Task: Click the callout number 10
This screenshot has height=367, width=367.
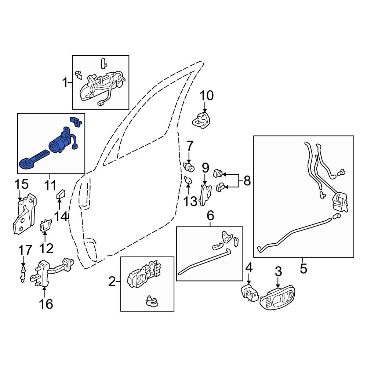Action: click(x=207, y=95)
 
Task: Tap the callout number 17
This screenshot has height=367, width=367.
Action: click(x=25, y=250)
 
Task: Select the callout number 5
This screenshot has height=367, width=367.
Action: click(x=304, y=269)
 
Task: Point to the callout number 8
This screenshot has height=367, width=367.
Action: click(x=247, y=181)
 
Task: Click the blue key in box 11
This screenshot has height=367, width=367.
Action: click(x=33, y=160)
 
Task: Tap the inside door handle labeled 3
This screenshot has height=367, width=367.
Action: click(x=277, y=298)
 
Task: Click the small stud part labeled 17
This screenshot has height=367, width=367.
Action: click(x=23, y=274)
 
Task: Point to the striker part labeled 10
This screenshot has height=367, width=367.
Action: click(x=201, y=120)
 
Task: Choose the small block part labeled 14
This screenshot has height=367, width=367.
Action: click(x=61, y=194)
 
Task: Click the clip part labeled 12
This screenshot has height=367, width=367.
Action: click(x=46, y=225)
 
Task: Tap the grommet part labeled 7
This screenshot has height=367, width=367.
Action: click(x=189, y=167)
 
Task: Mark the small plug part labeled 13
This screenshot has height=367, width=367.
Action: click(x=188, y=180)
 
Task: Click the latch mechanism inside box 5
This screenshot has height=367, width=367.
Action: click(x=340, y=203)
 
